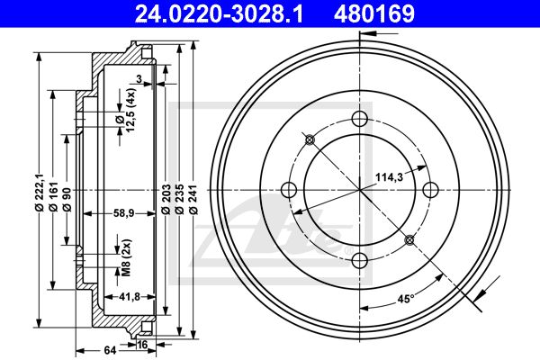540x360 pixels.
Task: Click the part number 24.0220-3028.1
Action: coord(219,13)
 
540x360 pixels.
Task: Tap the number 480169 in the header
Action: coord(374,13)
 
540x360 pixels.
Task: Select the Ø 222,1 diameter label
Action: coord(39,191)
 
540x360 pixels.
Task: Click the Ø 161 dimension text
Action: coord(52,197)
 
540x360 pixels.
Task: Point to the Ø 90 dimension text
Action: coord(67,200)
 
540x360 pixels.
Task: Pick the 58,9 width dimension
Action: coord(123,213)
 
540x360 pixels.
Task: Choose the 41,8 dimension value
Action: coord(130,296)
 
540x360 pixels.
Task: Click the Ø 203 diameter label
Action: coord(166,200)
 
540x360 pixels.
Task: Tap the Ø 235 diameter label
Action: coord(179,200)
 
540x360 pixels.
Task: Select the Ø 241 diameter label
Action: coord(193,200)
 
